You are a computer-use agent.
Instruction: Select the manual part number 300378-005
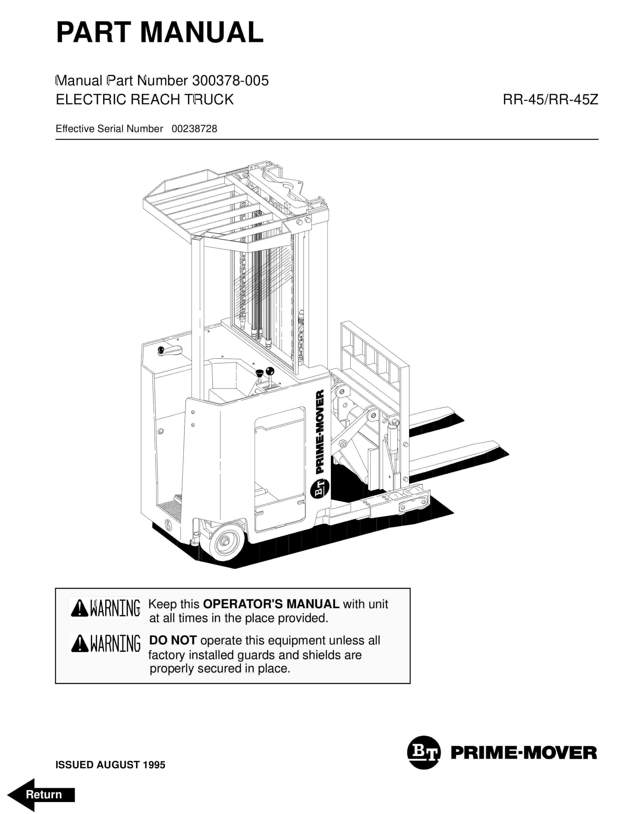230,80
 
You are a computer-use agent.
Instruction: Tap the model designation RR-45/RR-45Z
550,99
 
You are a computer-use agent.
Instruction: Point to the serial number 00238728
194,129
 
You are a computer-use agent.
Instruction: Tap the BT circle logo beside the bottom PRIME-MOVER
424,752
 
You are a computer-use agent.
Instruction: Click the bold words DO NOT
172,640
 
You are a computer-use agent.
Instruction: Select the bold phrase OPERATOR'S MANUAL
271,604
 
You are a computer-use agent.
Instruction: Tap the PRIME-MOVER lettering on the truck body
320,432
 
